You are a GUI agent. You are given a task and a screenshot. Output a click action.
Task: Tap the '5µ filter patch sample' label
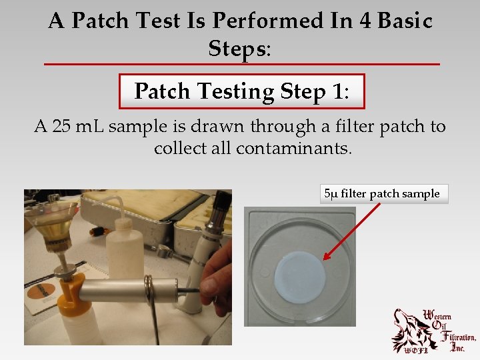[x=381, y=194]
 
